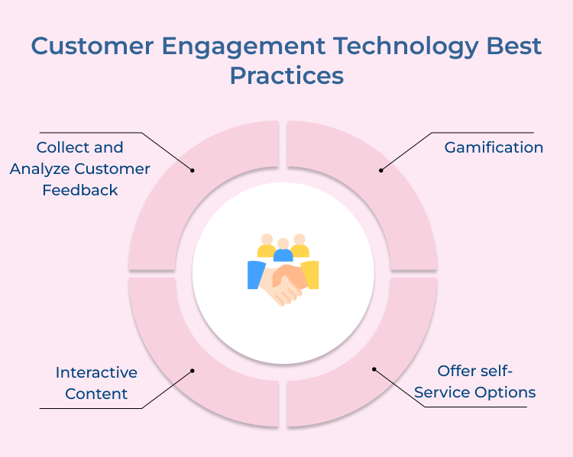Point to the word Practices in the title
(286, 76)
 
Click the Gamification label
(494, 148)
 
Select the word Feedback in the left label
(80, 191)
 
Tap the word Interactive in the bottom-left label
(96, 373)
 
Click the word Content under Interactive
(96, 394)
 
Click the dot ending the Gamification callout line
(380, 169)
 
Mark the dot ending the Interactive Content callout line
(193, 371)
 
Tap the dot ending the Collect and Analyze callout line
(193, 170)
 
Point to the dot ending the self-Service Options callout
(374, 369)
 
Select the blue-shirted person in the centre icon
(283, 251)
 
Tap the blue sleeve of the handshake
(255, 275)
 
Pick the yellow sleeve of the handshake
(310, 275)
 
